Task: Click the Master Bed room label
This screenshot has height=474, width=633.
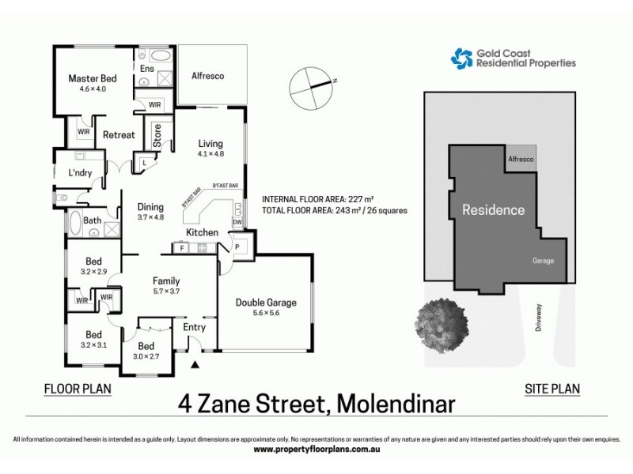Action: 93,78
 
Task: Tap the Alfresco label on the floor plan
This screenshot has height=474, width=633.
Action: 209,77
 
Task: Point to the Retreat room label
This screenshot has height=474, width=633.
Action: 119,135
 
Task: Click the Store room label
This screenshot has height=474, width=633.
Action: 157,137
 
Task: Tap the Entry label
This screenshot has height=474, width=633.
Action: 194,327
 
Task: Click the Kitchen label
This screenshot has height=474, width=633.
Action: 202,232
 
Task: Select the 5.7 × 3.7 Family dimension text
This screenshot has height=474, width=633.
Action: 165,292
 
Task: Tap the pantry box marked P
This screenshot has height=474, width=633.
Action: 239,247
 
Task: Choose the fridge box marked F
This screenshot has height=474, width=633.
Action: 182,248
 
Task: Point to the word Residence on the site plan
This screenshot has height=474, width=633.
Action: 494,210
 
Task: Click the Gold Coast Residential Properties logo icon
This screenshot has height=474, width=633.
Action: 461,58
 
